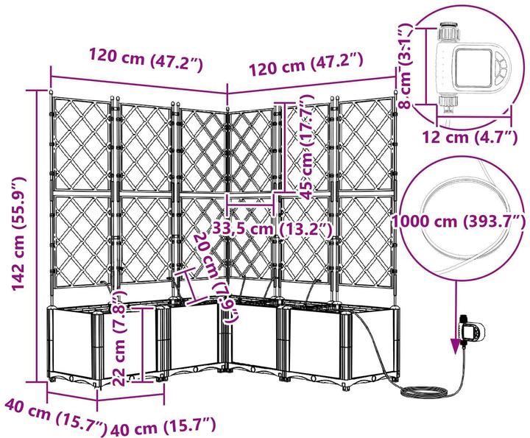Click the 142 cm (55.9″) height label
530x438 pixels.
[x=19, y=233]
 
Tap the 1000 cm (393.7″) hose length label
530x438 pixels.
[x=459, y=222]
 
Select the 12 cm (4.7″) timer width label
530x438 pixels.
[x=470, y=138]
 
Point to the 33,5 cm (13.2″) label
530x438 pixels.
[x=272, y=230]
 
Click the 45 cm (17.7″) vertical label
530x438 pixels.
[x=307, y=147]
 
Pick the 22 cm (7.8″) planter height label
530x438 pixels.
[x=119, y=338]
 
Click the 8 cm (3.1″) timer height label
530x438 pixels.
[x=406, y=66]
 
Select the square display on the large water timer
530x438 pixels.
[x=473, y=68]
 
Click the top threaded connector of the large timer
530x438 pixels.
[x=448, y=31]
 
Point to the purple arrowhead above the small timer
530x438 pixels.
[x=456, y=345]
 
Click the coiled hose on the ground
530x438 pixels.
[x=424, y=392]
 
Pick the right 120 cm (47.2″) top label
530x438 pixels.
[x=306, y=64]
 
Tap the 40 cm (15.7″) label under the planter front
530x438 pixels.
[x=163, y=425]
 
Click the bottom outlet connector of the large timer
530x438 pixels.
[x=448, y=102]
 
